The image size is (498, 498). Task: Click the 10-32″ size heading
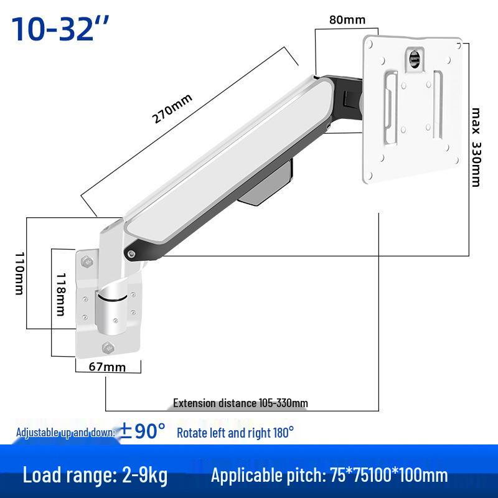click(60, 29)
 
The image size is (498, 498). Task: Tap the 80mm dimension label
click(347, 20)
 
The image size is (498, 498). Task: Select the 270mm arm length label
click(172, 108)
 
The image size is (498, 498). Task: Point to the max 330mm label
click(476, 148)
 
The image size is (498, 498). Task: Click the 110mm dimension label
click(20, 273)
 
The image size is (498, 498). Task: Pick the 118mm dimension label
click(60, 294)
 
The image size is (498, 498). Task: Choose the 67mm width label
click(107, 367)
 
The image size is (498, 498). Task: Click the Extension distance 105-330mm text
click(240, 403)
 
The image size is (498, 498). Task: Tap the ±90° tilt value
click(142, 431)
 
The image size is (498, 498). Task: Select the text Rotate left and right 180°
click(235, 433)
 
